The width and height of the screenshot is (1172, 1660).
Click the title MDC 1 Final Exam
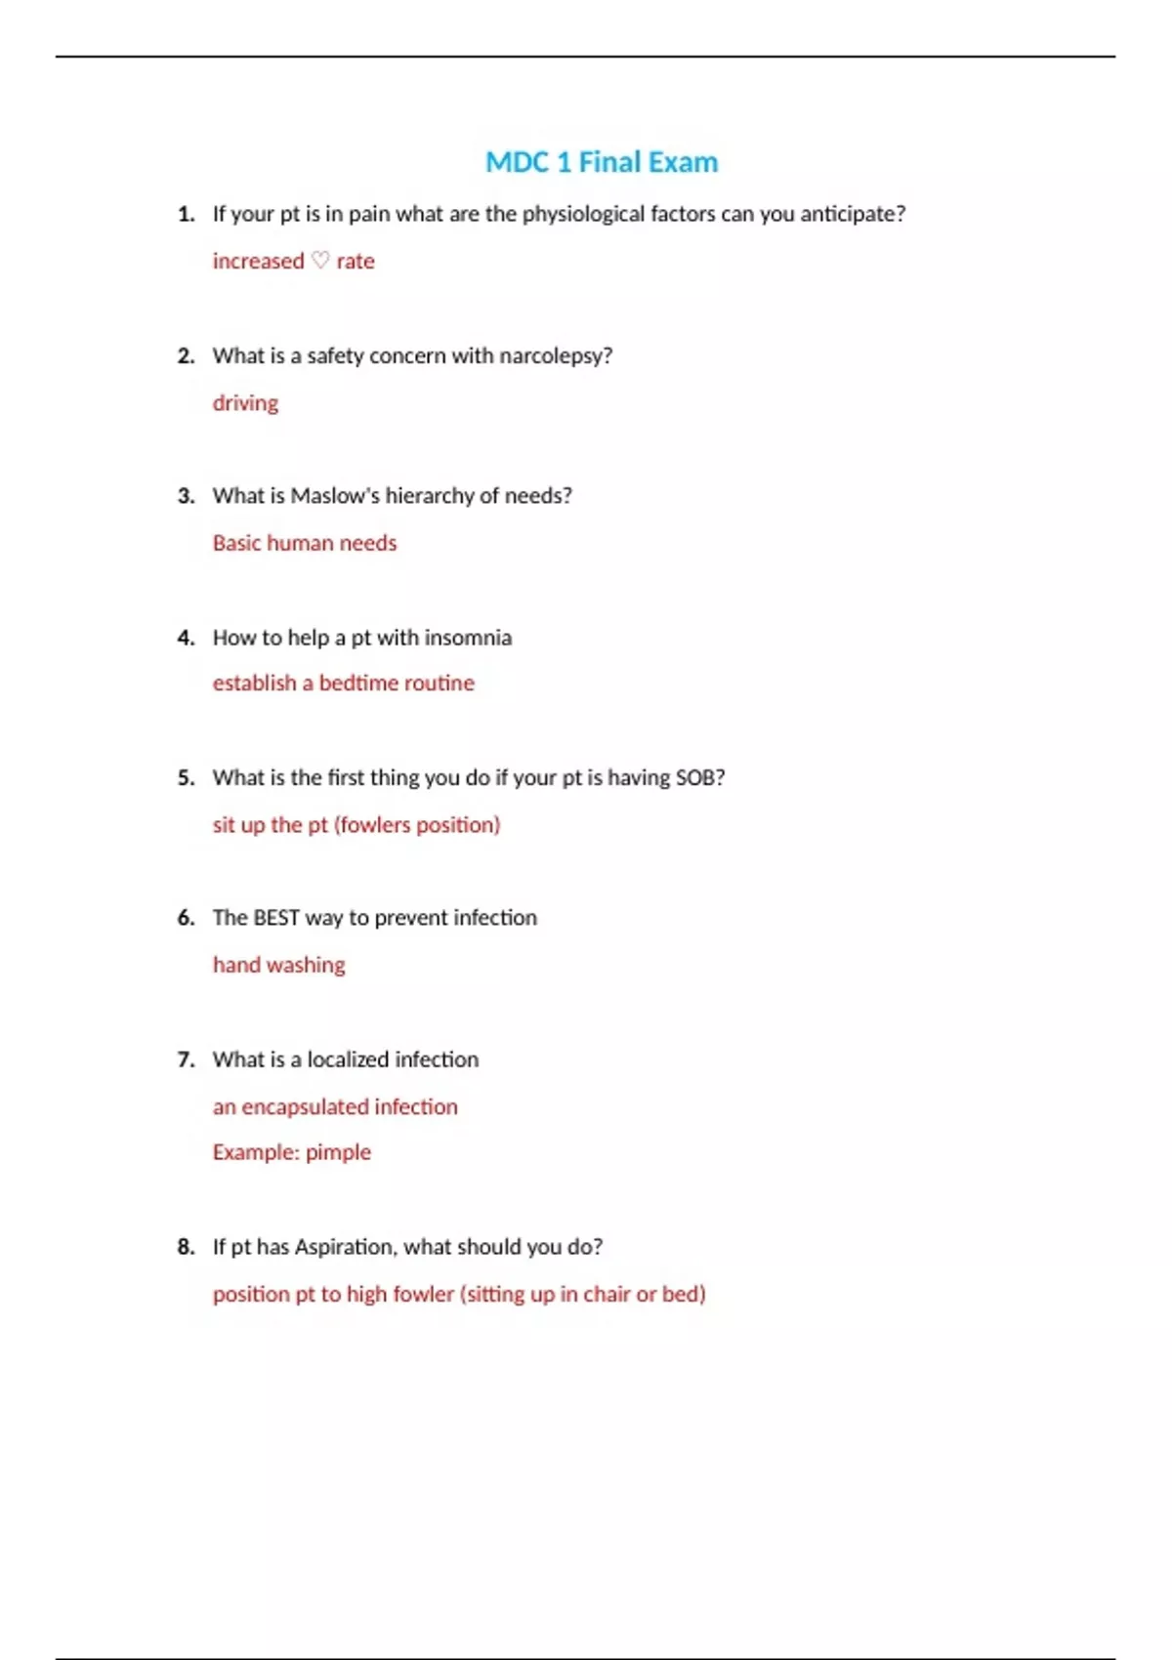pyautogui.click(x=602, y=162)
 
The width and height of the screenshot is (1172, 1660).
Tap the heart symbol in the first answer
pyautogui.click(x=320, y=261)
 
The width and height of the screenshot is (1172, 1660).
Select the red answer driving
pyautogui.click(x=245, y=403)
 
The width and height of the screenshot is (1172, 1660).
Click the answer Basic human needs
pyautogui.click(x=305, y=543)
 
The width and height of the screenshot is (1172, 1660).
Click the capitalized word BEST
pyautogui.click(x=275, y=918)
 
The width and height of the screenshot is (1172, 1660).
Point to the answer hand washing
pyautogui.click(x=279, y=965)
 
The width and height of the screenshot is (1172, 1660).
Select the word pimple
pyautogui.click(x=338, y=1152)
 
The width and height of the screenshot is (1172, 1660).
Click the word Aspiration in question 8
pyautogui.click(x=344, y=1247)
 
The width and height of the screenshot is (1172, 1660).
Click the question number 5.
pyautogui.click(x=186, y=777)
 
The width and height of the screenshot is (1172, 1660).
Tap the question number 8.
pyautogui.click(x=186, y=1247)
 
